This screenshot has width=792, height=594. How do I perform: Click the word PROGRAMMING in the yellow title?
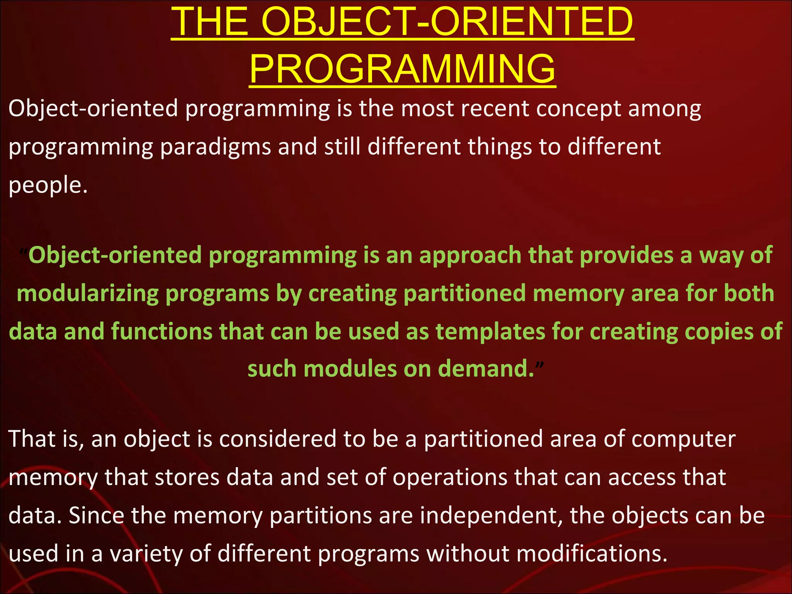[x=402, y=69]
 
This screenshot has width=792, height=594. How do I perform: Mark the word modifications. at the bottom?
[x=592, y=554]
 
